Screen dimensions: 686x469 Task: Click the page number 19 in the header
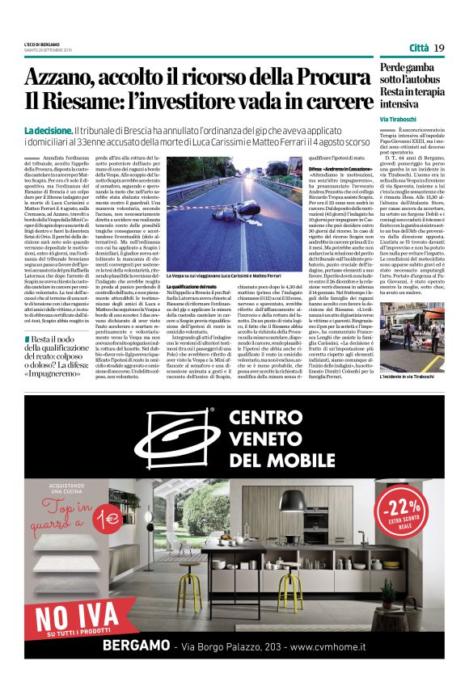tap(439, 48)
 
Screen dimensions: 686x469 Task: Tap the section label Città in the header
tap(419, 48)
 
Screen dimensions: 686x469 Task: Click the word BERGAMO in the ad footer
tap(135, 646)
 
